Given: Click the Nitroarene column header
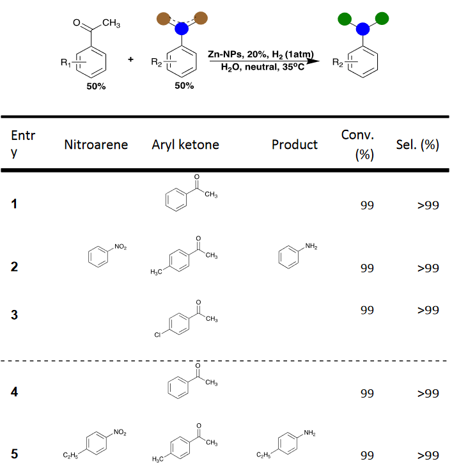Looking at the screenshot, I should click(x=96, y=144).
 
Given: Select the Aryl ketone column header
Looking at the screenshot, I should click(x=185, y=144).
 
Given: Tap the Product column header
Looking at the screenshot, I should click(x=294, y=144).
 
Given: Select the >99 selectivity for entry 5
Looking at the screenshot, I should click(x=428, y=455).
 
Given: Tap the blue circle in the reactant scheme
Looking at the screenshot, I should click(x=182, y=29).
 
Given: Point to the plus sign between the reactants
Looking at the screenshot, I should click(x=131, y=59).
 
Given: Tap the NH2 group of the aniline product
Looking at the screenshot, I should click(x=311, y=247).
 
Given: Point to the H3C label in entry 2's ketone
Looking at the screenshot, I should click(x=156, y=273).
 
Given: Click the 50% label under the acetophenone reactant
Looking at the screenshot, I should click(x=97, y=86).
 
